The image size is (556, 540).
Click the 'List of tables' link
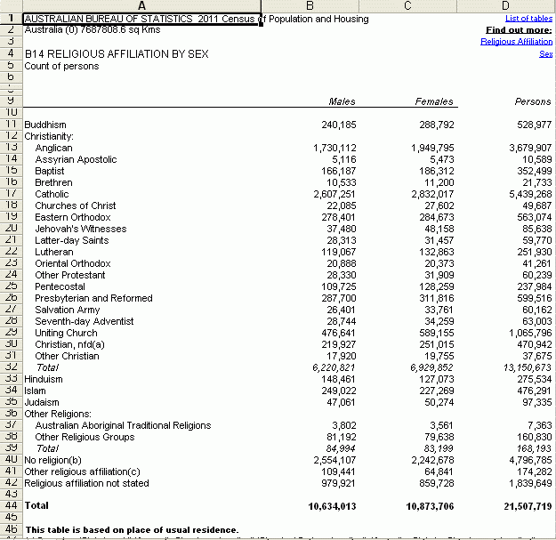528,18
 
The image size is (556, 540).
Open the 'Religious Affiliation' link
516,41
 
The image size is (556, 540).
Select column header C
407,7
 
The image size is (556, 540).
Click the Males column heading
342,101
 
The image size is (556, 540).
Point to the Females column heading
434,101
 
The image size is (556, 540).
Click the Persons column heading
533,101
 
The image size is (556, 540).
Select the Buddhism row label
45,125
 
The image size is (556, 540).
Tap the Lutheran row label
53,252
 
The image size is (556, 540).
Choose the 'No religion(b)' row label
53,460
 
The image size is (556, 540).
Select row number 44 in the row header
11,505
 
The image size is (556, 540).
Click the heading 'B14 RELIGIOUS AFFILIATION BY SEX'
117,53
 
